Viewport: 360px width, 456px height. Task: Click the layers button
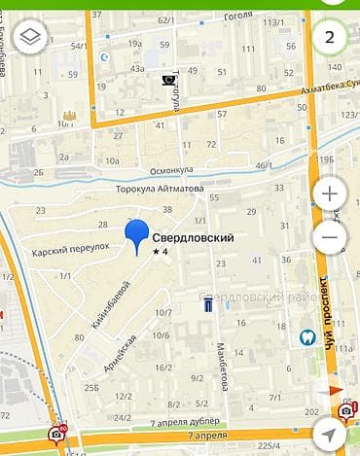point(31,39)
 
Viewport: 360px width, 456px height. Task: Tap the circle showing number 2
point(329,38)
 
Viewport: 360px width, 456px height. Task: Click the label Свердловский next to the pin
point(193,236)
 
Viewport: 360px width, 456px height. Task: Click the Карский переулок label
point(67,247)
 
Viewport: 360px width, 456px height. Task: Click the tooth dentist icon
point(306,337)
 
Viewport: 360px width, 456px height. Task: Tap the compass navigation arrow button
point(345,438)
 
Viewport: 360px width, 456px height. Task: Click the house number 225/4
point(269,446)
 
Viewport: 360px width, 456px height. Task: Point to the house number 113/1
point(274,21)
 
